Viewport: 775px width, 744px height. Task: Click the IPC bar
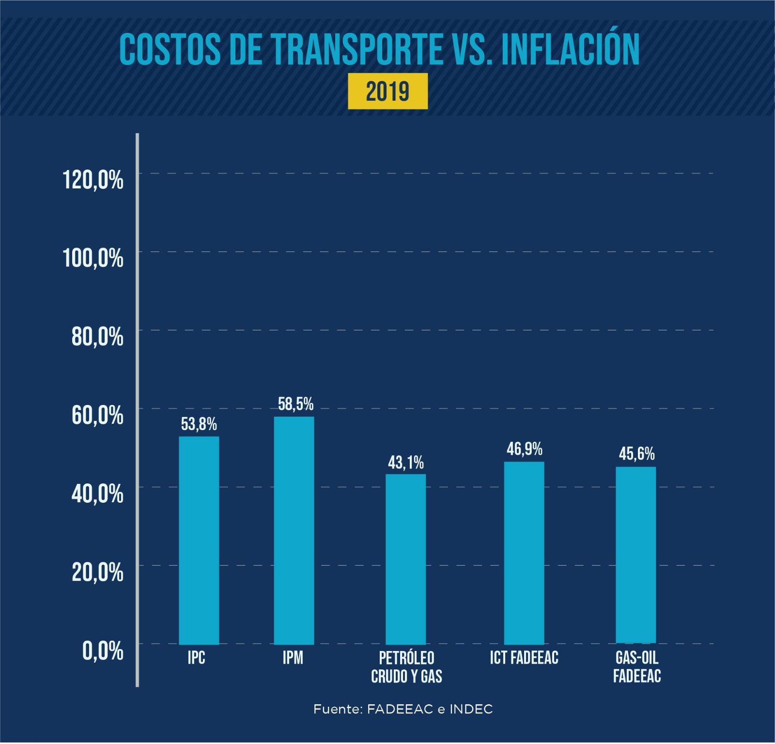(199, 540)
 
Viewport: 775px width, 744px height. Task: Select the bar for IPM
(294, 530)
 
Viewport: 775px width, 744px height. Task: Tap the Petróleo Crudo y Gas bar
(405, 559)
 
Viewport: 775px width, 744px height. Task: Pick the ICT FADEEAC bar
(524, 553)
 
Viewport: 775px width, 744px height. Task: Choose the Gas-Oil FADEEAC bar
(635, 555)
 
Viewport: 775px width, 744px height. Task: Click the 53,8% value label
(199, 425)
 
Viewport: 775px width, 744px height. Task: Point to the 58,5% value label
(295, 404)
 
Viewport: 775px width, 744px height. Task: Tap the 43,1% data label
(405, 463)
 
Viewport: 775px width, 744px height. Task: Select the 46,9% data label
(525, 449)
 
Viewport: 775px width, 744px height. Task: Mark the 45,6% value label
(636, 454)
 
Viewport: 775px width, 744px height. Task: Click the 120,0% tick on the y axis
(93, 181)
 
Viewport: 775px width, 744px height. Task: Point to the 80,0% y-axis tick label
(97, 337)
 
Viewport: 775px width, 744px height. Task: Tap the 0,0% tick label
(103, 651)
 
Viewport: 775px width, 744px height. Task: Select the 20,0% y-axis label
(97, 573)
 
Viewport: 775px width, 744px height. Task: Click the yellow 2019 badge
(387, 91)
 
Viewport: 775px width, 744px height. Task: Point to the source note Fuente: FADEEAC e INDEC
(403, 710)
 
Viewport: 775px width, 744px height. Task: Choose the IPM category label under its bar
(293, 658)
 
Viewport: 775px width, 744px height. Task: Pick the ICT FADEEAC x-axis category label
(524, 658)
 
